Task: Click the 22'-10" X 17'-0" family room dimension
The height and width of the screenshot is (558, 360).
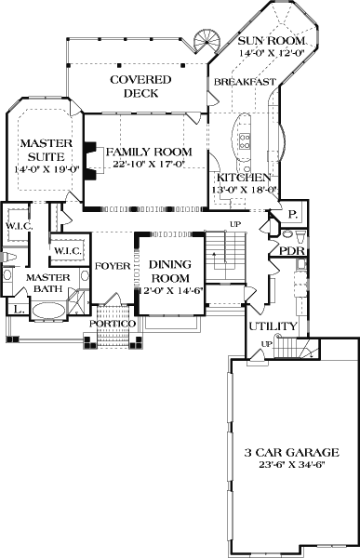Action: tap(149, 165)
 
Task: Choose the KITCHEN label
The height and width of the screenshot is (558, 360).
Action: tap(244, 178)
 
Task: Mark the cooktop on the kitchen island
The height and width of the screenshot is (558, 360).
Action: tap(246, 140)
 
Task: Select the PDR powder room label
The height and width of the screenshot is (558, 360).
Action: tap(283, 250)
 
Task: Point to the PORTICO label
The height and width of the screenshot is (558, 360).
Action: tap(113, 323)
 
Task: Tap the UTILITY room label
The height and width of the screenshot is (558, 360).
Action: tap(272, 326)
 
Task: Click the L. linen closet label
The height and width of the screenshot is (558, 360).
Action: tap(18, 308)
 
